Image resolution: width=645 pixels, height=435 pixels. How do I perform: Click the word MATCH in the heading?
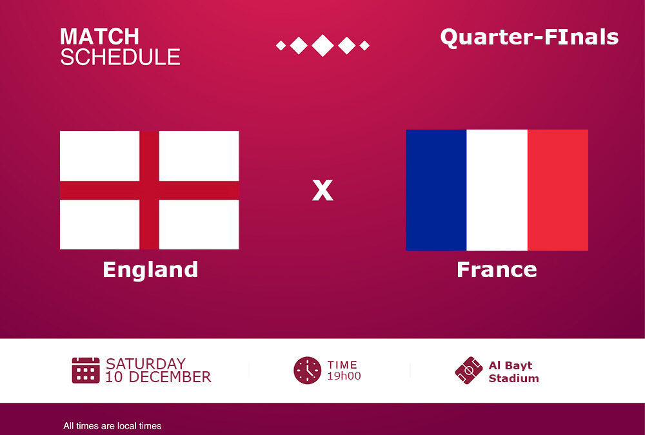(x=99, y=37)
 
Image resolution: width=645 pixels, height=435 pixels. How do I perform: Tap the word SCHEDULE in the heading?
(x=120, y=57)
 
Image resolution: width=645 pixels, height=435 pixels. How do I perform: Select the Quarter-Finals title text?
(x=530, y=37)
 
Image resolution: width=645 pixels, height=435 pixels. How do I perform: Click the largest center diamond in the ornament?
(x=322, y=45)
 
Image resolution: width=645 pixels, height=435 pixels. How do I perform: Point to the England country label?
(x=150, y=270)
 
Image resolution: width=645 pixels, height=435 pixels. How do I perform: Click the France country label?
(x=497, y=270)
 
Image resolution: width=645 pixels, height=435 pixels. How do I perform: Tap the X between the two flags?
(x=322, y=190)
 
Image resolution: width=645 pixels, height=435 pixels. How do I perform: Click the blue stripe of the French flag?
(x=436, y=190)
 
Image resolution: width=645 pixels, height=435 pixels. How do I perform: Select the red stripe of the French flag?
(x=558, y=190)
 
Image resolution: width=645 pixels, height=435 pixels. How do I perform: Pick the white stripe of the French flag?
(x=497, y=190)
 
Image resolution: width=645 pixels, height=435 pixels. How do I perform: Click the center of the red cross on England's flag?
(x=150, y=190)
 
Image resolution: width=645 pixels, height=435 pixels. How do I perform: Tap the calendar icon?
(x=86, y=370)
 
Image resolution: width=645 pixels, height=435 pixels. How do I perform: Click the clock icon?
(x=307, y=371)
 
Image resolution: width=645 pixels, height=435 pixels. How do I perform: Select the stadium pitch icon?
(x=469, y=371)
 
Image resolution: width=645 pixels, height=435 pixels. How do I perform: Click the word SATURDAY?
(x=146, y=364)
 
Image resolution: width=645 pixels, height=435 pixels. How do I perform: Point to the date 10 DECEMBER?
(x=159, y=377)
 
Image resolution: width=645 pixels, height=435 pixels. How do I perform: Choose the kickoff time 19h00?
(x=344, y=376)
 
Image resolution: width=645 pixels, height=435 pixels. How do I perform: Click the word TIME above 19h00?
(x=342, y=365)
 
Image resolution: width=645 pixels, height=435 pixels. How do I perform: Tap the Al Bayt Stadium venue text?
(x=513, y=372)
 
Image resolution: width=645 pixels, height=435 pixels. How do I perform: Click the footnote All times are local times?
(x=112, y=426)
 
